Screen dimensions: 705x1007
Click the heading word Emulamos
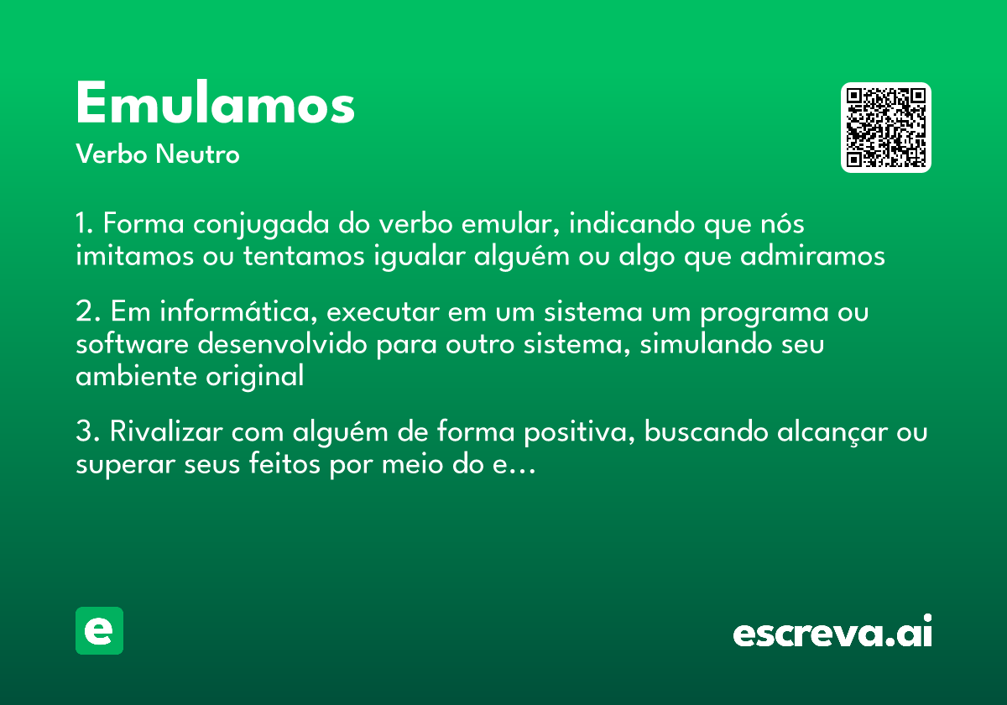(215, 105)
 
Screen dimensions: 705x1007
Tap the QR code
(886, 128)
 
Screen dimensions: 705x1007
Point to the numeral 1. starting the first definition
(86, 225)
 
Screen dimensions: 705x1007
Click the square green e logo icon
(99, 630)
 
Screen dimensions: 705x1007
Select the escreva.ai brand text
(832, 633)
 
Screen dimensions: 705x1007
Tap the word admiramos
(812, 255)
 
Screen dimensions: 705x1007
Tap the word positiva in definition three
(581, 433)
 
